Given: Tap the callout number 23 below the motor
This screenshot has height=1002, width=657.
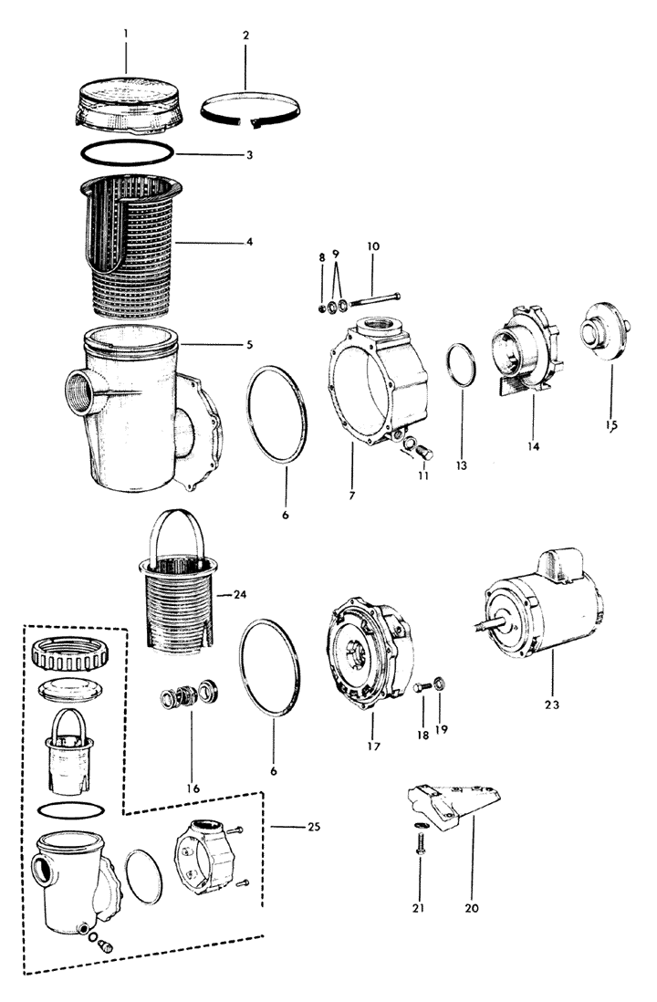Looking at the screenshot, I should pyautogui.click(x=551, y=705).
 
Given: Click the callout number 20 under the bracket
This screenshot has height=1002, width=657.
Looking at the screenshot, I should pyautogui.click(x=471, y=908).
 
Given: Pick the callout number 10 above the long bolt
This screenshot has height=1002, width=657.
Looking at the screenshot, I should pyautogui.click(x=373, y=247).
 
